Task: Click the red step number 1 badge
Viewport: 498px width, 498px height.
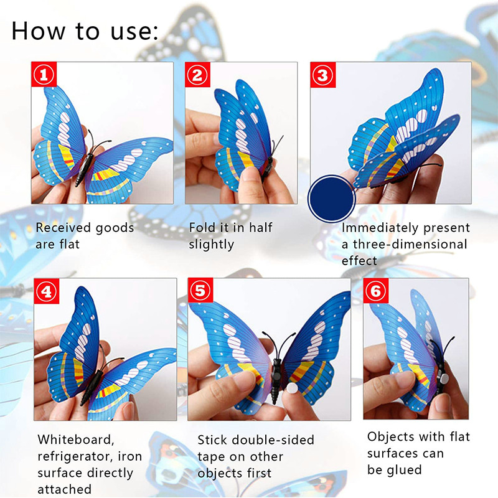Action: (x=44, y=74)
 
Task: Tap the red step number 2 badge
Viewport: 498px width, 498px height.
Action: (x=197, y=75)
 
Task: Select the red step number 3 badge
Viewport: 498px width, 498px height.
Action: (x=322, y=75)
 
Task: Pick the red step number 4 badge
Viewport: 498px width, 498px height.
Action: (x=46, y=291)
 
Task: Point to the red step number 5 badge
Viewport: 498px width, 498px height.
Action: (x=200, y=290)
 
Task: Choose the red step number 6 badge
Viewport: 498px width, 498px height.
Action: (x=376, y=291)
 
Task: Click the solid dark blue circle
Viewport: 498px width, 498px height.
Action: (x=332, y=199)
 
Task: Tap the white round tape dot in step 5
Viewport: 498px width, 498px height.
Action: (x=291, y=388)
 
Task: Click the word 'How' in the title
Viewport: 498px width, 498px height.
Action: (x=39, y=31)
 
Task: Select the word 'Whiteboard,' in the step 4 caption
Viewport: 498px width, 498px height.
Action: (x=76, y=440)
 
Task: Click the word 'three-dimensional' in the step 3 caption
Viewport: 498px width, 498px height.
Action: (x=410, y=244)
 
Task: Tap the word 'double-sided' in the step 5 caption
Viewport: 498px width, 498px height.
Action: (x=273, y=440)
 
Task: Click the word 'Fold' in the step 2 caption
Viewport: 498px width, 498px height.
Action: (x=200, y=227)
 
